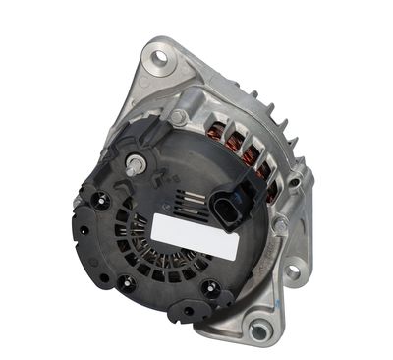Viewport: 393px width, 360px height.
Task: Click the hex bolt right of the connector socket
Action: point(280,224)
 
